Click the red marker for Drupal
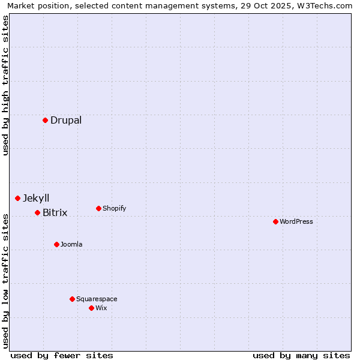tap(45, 120)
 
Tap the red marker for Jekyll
tap(17, 198)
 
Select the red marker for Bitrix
tap(37, 212)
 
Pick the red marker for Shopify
tap(98, 208)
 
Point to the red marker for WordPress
tap(275, 221)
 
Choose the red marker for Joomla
tap(56, 244)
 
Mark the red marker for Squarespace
tap(72, 299)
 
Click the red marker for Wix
tap(91, 308)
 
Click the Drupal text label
tap(66, 120)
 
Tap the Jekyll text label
tap(36, 198)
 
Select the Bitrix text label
tap(55, 212)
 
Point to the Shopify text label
tap(115, 208)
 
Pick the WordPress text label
tap(296, 221)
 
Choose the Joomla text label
tap(71, 244)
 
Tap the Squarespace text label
tap(97, 299)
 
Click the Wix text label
tap(101, 308)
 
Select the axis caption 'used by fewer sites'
tap(62, 355)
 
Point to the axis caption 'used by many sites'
tap(301, 355)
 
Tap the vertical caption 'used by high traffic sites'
tap(6, 85)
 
